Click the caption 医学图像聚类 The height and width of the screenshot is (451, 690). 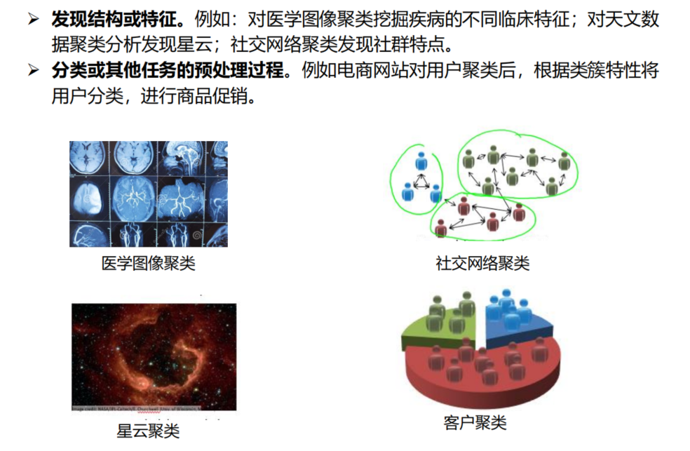(148, 264)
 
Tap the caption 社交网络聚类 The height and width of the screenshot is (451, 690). (482, 264)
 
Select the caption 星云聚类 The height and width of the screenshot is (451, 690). (148, 430)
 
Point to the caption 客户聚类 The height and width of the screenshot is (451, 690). (475, 422)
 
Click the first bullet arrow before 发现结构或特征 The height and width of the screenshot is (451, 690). (34, 20)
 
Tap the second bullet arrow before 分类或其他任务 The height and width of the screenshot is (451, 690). (34, 71)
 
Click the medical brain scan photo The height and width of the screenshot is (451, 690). (148, 194)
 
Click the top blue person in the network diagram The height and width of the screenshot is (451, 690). (421, 161)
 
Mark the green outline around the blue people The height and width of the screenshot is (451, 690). (395, 175)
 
